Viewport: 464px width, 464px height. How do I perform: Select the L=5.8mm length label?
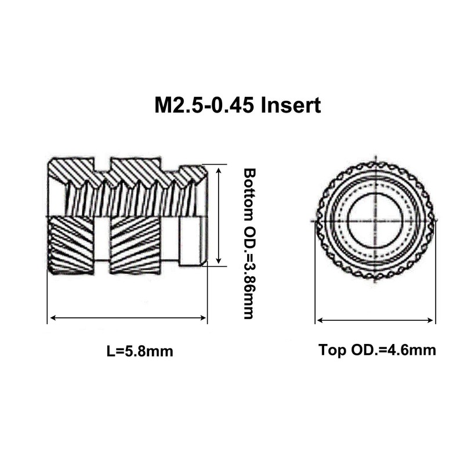pos(140,351)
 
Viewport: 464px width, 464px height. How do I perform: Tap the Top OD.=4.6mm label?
pos(377,350)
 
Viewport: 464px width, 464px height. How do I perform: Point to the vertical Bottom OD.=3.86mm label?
pos(249,244)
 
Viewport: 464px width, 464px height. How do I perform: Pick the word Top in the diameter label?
pos(330,350)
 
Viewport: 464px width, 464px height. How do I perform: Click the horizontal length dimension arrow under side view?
pos(127,317)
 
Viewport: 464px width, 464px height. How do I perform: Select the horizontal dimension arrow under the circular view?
pos(375,320)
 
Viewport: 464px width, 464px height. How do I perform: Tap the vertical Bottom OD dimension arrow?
pos(218,215)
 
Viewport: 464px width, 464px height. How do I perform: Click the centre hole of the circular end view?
pos(375,221)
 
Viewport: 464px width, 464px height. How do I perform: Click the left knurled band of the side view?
pos(70,244)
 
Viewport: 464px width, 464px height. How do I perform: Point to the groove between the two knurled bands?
pos(101,244)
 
